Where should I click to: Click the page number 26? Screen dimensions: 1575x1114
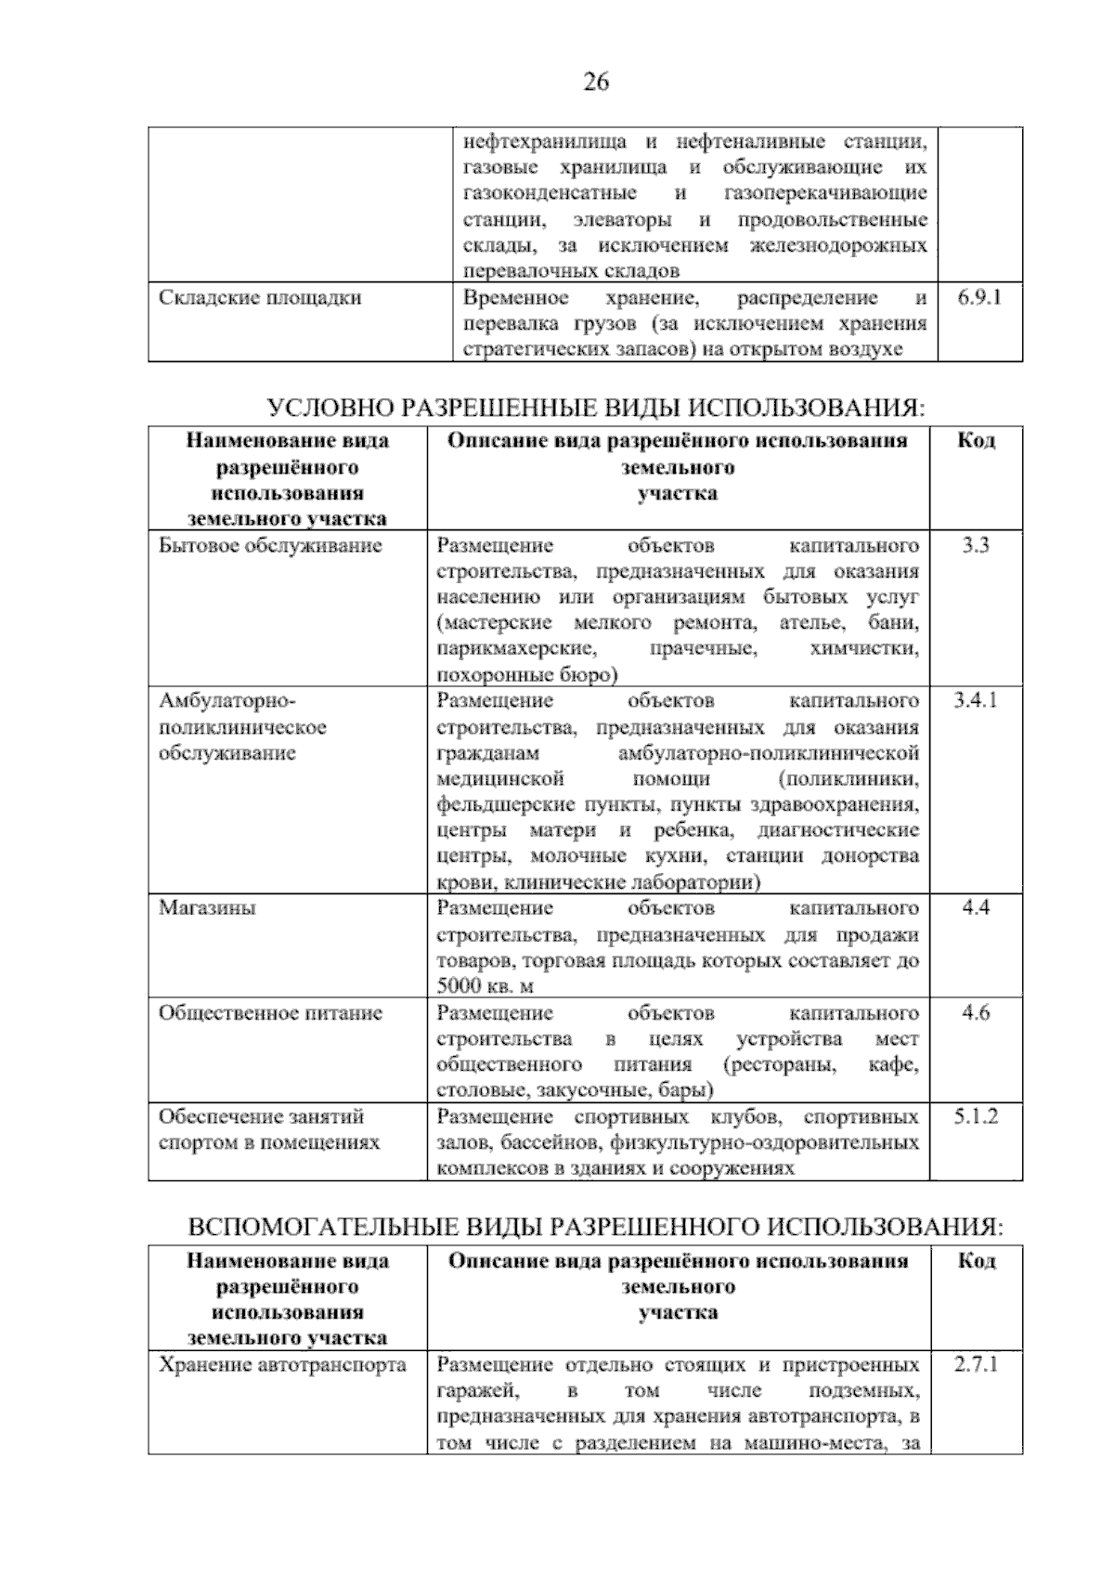[x=595, y=83]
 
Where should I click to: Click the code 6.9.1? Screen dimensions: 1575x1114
[x=978, y=298]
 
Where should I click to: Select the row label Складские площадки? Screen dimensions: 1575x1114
[x=260, y=298]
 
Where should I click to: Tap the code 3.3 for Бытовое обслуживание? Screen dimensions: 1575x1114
[x=975, y=545]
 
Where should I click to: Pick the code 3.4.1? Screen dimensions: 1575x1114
[x=975, y=700]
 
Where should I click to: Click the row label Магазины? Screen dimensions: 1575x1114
[x=207, y=908]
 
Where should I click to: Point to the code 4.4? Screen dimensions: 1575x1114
[x=976, y=908]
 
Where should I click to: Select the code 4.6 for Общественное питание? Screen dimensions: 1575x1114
[x=976, y=1013]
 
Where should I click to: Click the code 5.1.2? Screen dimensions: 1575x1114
[x=976, y=1116]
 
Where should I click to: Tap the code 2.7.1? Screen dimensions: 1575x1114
[x=976, y=1365]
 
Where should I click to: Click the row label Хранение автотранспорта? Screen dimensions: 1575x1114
[x=282, y=1365]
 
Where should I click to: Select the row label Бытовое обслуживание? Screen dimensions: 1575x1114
[x=270, y=545]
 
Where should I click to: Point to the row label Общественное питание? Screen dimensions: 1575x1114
[x=270, y=1013]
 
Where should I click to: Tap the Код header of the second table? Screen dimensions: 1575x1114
[x=976, y=441]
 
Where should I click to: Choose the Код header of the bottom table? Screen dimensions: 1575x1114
[x=976, y=1261]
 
